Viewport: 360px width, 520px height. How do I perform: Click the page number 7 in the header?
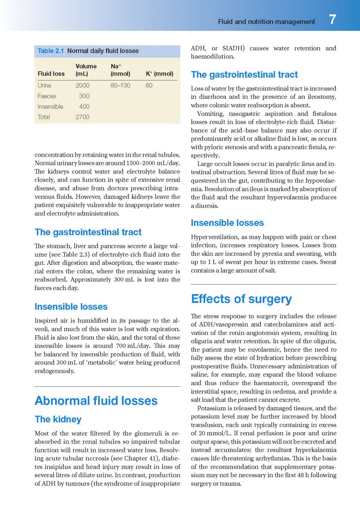click(333, 20)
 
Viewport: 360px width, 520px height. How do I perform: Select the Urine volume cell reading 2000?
click(82, 85)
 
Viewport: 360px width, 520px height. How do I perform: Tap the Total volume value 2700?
click(82, 117)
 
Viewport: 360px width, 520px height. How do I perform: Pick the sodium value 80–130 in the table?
click(120, 85)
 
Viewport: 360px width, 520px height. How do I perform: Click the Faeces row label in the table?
click(47, 96)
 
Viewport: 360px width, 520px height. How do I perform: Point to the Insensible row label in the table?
click(50, 107)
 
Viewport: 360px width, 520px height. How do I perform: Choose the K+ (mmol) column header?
click(159, 74)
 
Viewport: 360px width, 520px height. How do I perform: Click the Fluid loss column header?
click(51, 74)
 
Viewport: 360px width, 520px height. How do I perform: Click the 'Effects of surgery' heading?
click(241, 299)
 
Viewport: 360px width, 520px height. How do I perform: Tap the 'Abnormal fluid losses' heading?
click(96, 401)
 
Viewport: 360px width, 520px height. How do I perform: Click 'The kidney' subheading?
click(58, 419)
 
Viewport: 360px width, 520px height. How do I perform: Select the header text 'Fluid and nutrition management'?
click(266, 21)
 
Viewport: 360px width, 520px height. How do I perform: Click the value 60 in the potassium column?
click(149, 85)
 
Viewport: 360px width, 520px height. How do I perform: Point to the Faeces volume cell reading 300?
click(84, 96)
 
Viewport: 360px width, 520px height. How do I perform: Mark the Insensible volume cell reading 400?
click(84, 107)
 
